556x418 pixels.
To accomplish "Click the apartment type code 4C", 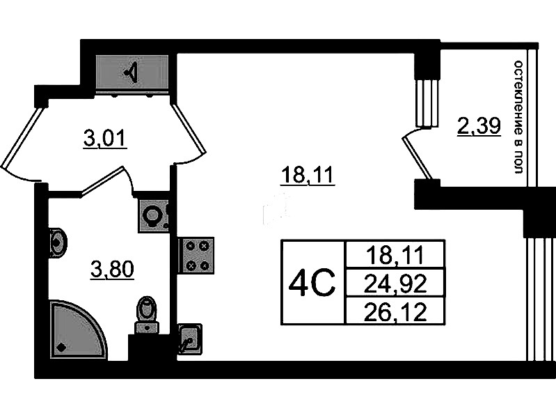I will click(312, 282).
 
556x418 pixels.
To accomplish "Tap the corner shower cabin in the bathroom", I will click(77, 330).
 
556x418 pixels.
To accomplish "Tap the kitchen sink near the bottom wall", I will click(189, 339).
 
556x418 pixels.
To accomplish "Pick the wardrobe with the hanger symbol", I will click(132, 72).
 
